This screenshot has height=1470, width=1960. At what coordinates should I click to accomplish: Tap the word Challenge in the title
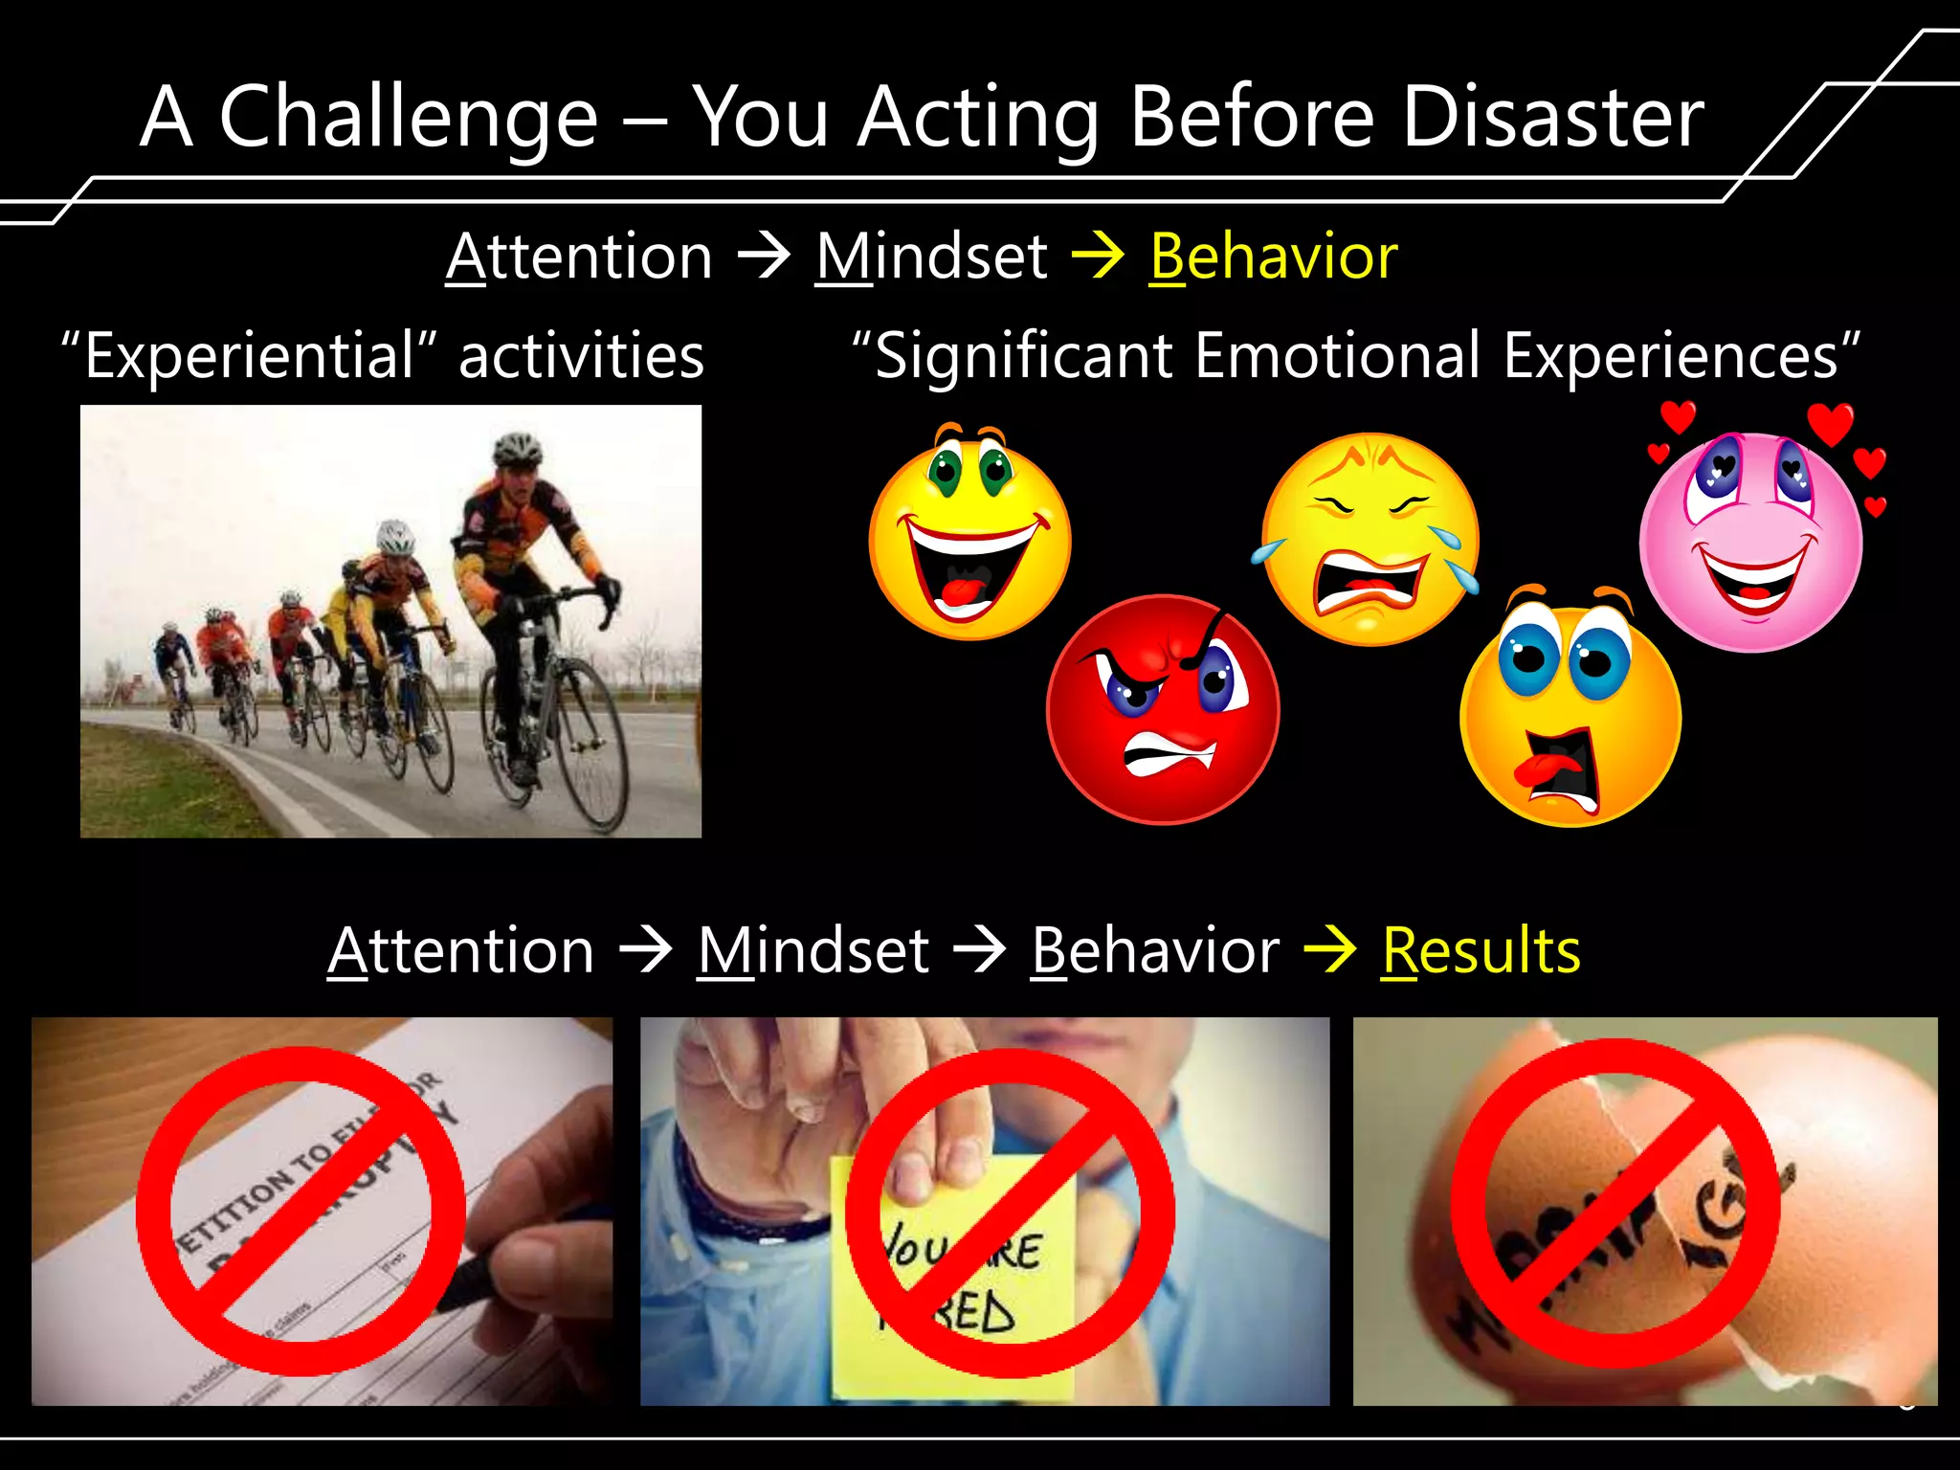[409, 117]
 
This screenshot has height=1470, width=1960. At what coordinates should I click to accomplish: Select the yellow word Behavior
[1273, 256]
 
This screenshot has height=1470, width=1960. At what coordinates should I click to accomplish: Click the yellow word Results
[1481, 950]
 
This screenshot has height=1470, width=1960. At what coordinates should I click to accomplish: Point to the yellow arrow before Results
[1329, 948]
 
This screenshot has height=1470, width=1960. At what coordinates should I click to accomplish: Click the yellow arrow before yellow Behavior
[1097, 256]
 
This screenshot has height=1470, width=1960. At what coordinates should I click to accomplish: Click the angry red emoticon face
[1163, 709]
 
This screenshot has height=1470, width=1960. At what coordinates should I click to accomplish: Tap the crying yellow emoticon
[1369, 539]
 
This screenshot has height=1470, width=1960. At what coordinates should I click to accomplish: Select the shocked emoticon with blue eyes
[1570, 713]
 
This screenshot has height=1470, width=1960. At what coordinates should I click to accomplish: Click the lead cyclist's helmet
[517, 448]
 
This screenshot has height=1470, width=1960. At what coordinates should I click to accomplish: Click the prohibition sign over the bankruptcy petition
[301, 1211]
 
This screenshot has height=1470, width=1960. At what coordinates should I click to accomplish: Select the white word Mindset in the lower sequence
[813, 950]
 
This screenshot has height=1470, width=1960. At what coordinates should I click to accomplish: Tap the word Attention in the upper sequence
[580, 256]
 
